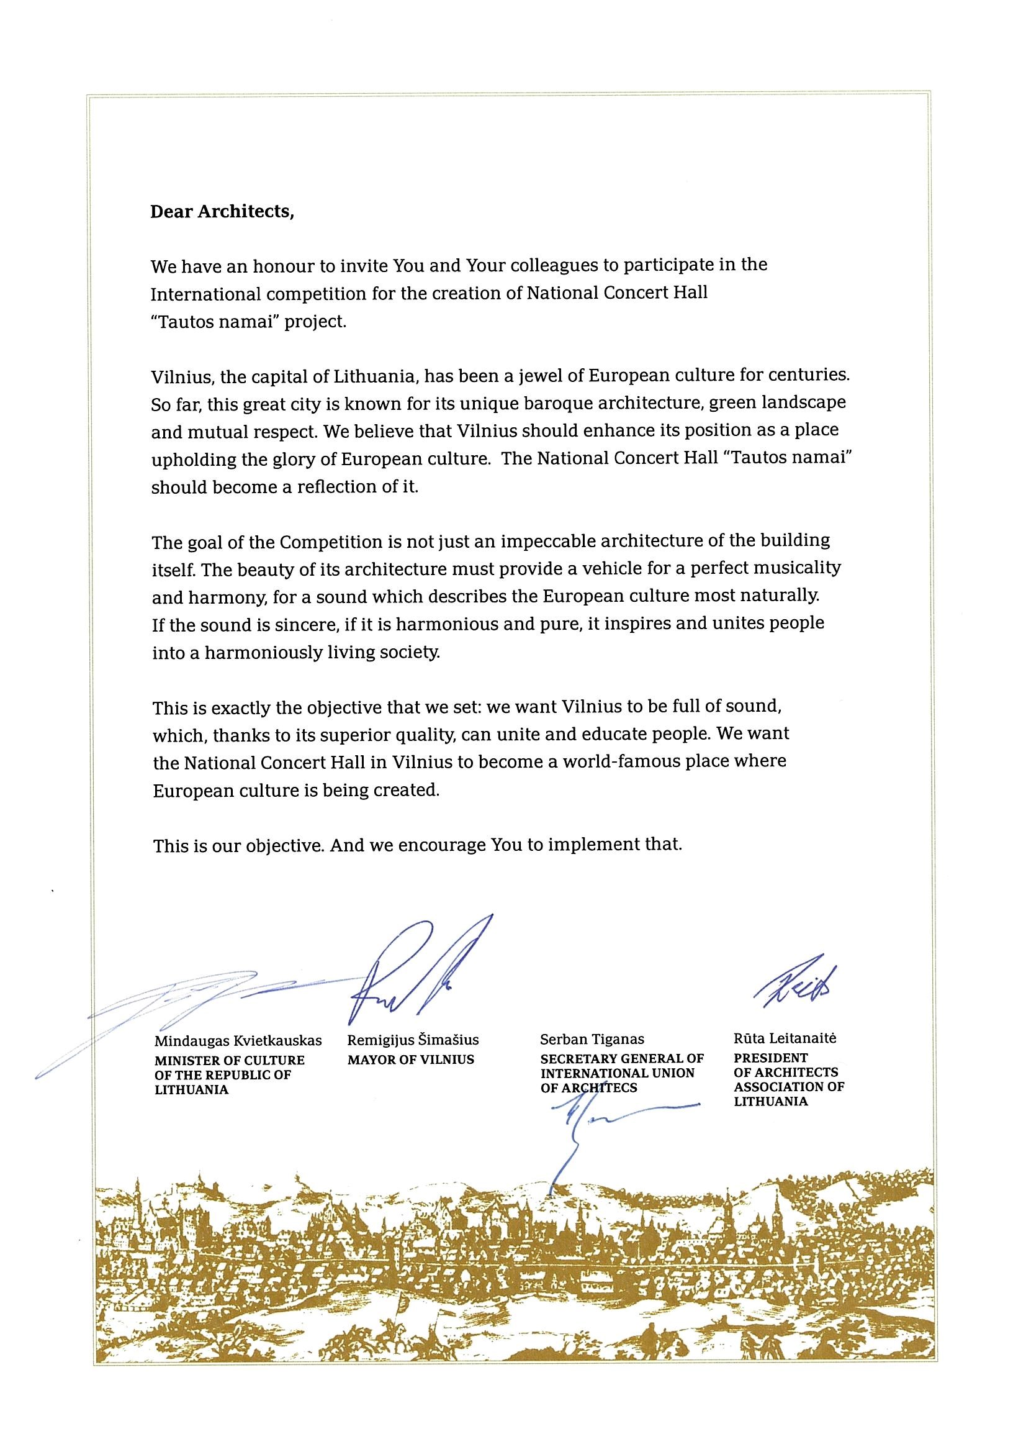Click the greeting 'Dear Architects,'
coord(222,212)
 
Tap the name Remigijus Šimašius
coord(413,1040)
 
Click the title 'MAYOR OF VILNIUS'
coord(410,1060)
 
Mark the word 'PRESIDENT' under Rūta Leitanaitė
coord(771,1058)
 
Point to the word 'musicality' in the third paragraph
coord(798,568)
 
